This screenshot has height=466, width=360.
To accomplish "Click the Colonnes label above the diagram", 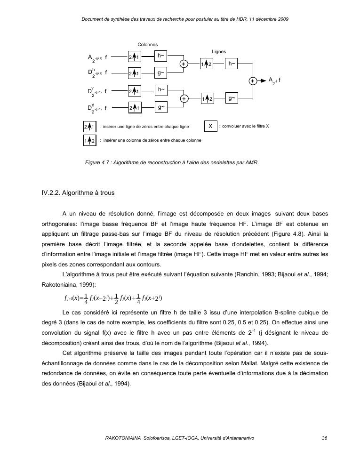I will click(x=147, y=44).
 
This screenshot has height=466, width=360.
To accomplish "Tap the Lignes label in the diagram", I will click(x=219, y=52).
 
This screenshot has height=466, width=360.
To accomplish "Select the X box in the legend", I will click(x=210, y=126).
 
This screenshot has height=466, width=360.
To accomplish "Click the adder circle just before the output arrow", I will click(x=253, y=80).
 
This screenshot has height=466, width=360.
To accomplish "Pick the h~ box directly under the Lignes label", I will click(x=232, y=64).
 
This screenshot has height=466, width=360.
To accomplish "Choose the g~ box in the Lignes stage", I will click(x=232, y=98).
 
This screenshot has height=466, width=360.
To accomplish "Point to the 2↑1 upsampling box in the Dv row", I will click(x=135, y=91).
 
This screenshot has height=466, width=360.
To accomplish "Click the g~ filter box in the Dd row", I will click(x=161, y=108).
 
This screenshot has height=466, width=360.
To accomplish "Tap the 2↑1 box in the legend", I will click(x=89, y=127).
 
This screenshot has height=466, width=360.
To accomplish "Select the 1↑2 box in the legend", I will click(x=89, y=141).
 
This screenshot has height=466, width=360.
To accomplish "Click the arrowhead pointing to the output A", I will click(x=264, y=80).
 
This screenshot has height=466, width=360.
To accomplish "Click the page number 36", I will click(x=324, y=438).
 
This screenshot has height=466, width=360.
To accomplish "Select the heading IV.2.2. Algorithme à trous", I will click(x=78, y=193).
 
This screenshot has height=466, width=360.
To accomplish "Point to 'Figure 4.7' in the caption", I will click(x=97, y=162).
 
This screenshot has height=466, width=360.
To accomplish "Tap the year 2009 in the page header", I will click(x=282, y=19).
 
